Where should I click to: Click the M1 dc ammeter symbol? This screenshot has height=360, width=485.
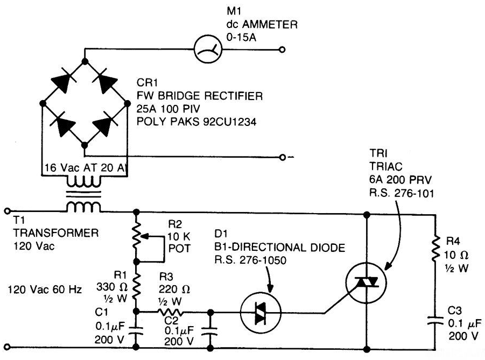point(208,50)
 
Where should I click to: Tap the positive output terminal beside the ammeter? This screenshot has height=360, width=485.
point(282,50)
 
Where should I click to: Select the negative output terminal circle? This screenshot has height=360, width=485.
point(282,157)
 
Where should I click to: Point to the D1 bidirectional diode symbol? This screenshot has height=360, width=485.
point(261,313)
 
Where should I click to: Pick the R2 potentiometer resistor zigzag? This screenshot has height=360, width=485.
point(136,236)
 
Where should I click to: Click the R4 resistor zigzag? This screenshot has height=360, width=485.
point(435,248)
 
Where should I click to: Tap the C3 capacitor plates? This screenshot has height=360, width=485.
point(435,320)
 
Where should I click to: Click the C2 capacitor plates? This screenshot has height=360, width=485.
point(210,331)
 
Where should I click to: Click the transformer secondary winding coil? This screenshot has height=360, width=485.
point(83,182)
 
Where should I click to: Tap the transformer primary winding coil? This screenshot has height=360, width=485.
point(83,206)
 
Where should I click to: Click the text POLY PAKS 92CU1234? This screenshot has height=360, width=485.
point(196,122)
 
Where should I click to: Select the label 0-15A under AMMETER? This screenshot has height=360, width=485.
point(241,38)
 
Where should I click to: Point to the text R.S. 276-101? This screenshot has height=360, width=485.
point(402,193)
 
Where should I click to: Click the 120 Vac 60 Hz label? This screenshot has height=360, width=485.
point(45,290)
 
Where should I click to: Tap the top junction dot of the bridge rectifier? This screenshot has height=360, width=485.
point(85,61)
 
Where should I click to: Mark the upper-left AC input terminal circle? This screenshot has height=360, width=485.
point(7,211)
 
